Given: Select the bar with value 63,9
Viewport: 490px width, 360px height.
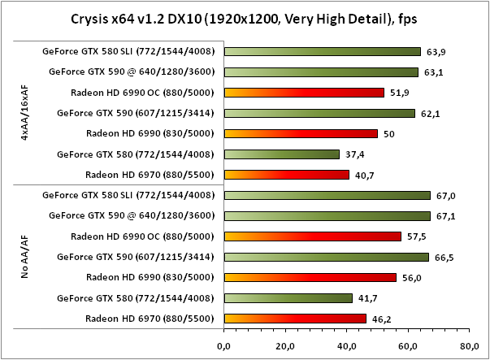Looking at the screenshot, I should pyautogui.click(x=322, y=51).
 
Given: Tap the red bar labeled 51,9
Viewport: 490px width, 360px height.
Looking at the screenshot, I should pyautogui.click(x=303, y=93).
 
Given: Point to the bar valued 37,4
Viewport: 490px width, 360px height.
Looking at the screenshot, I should pyautogui.click(x=281, y=154).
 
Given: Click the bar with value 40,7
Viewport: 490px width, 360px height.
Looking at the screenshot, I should pyautogui.click(x=286, y=174).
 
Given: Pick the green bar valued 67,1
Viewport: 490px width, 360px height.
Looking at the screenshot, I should pyautogui.click(x=327, y=216).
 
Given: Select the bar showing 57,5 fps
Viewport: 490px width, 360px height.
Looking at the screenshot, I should pyautogui.click(x=312, y=236).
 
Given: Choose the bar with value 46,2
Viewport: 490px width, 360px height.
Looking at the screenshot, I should pyautogui.click(x=295, y=318).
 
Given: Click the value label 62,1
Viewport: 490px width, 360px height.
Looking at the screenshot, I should pyautogui.click(x=431, y=113).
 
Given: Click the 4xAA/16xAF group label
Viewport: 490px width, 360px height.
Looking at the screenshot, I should pyautogui.click(x=27, y=113).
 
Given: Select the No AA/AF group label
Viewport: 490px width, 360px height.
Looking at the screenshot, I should pyautogui.click(x=27, y=257).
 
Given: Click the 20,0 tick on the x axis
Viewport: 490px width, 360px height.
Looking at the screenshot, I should pyautogui.click(x=285, y=345).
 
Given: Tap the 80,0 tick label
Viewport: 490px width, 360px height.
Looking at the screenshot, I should pyautogui.click(x=469, y=345).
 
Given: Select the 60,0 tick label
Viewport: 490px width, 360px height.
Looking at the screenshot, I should pyautogui.click(x=408, y=345).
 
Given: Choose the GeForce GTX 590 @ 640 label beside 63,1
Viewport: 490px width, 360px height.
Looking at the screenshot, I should pyautogui.click(x=132, y=72).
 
